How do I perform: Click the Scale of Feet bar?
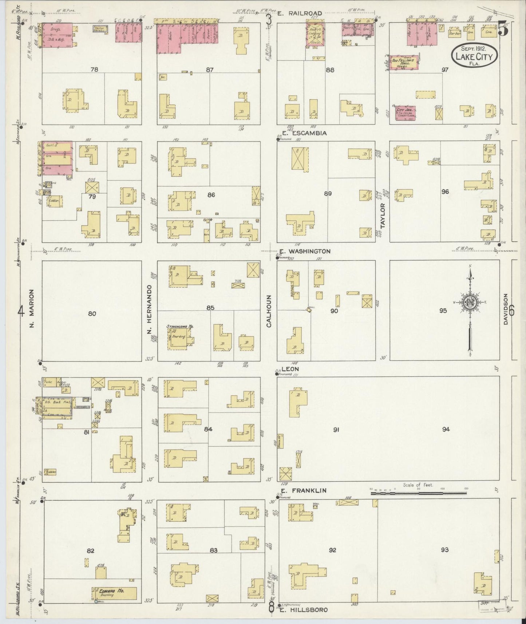click(x=418, y=493)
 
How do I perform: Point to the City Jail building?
click(x=406, y=112)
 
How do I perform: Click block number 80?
click(x=92, y=313)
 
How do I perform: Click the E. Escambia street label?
click(x=304, y=133)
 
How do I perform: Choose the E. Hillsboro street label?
click(x=304, y=610)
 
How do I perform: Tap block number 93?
click(x=444, y=550)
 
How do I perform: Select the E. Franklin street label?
click(x=303, y=490)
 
